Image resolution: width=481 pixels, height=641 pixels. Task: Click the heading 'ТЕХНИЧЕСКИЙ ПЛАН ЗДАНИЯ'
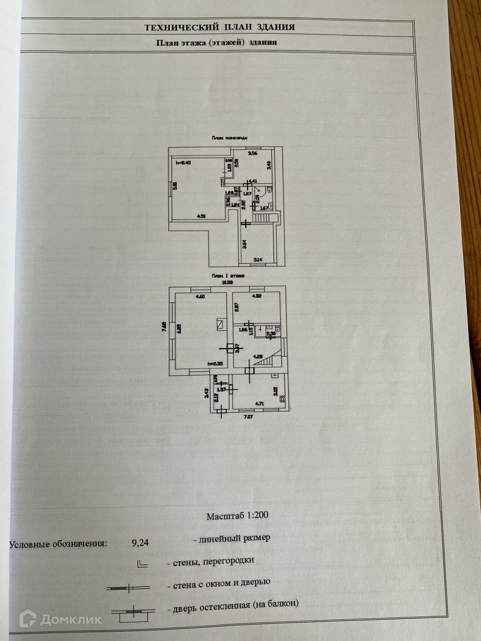coord(219,28)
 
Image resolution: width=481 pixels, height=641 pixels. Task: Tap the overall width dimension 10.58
coord(228,281)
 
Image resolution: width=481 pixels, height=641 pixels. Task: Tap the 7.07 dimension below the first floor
coord(249,416)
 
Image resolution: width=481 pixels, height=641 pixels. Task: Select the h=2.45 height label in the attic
coord(183,163)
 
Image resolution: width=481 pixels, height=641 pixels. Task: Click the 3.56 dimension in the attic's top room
coord(254,154)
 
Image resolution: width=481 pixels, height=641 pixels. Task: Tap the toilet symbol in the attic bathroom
coord(269,190)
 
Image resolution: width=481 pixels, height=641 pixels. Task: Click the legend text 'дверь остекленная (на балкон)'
coord(235,604)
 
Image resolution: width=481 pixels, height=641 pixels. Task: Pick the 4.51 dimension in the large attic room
coord(201,216)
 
